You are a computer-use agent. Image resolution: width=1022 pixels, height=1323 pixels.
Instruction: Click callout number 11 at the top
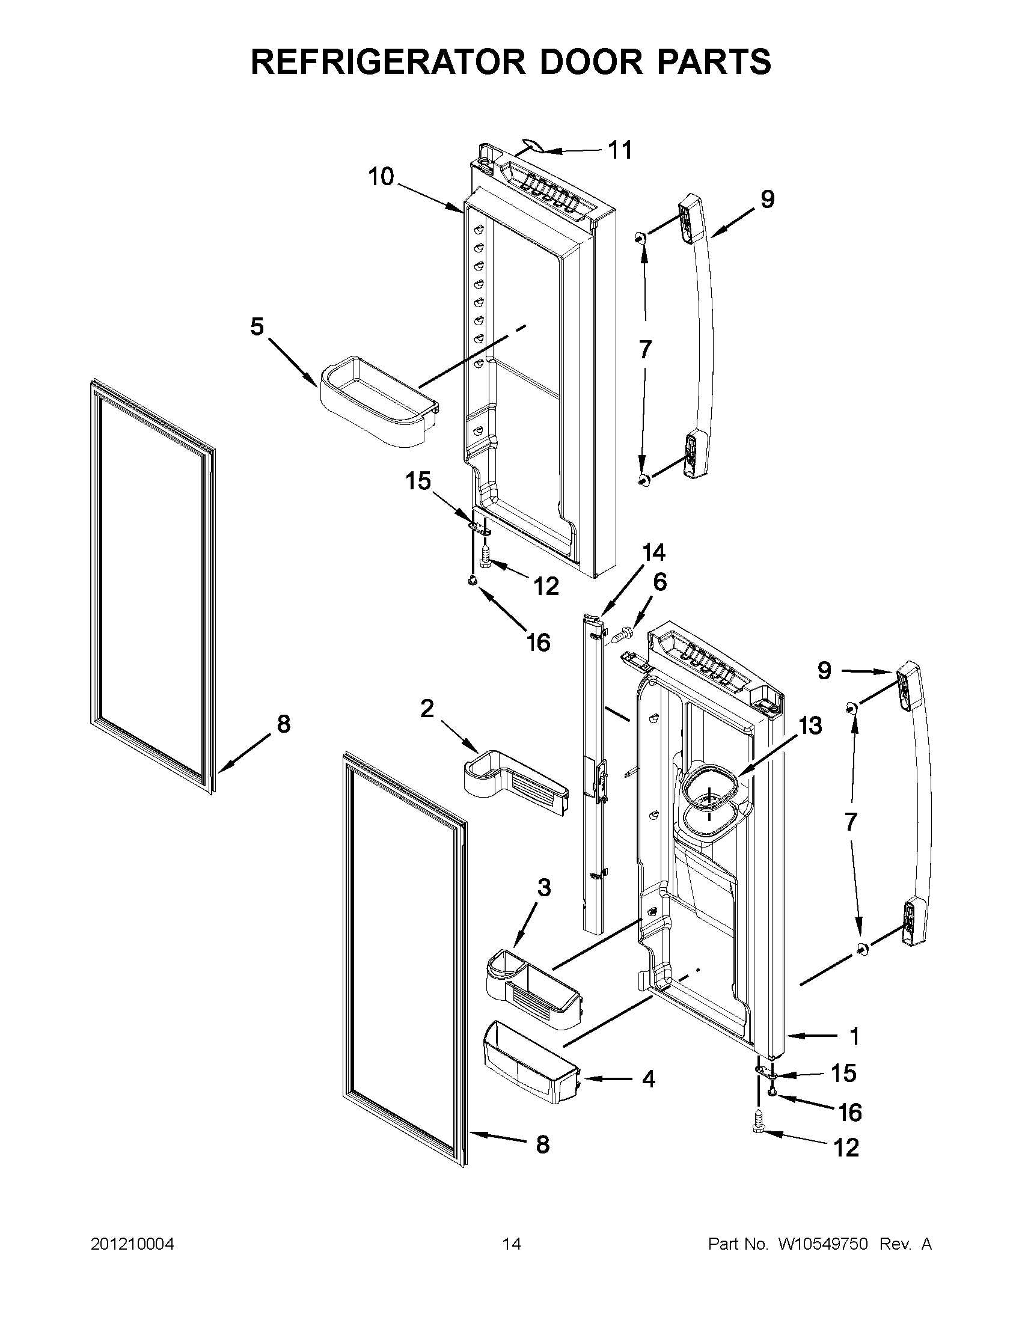(x=620, y=150)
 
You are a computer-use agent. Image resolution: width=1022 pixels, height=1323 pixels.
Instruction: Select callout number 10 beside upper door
(x=381, y=177)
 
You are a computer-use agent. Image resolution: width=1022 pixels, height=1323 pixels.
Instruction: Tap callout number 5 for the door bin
(x=257, y=327)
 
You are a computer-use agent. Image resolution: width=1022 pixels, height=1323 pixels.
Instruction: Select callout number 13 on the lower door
(x=810, y=726)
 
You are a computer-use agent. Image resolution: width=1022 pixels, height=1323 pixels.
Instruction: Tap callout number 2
(x=427, y=708)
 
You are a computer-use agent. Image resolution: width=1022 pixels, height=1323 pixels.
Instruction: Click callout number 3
(x=544, y=888)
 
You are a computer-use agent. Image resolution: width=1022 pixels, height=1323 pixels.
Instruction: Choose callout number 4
(x=648, y=1079)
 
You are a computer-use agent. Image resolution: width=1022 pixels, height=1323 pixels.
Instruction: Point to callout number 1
(x=854, y=1037)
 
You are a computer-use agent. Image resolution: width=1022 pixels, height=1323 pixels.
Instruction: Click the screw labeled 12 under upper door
(x=485, y=556)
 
